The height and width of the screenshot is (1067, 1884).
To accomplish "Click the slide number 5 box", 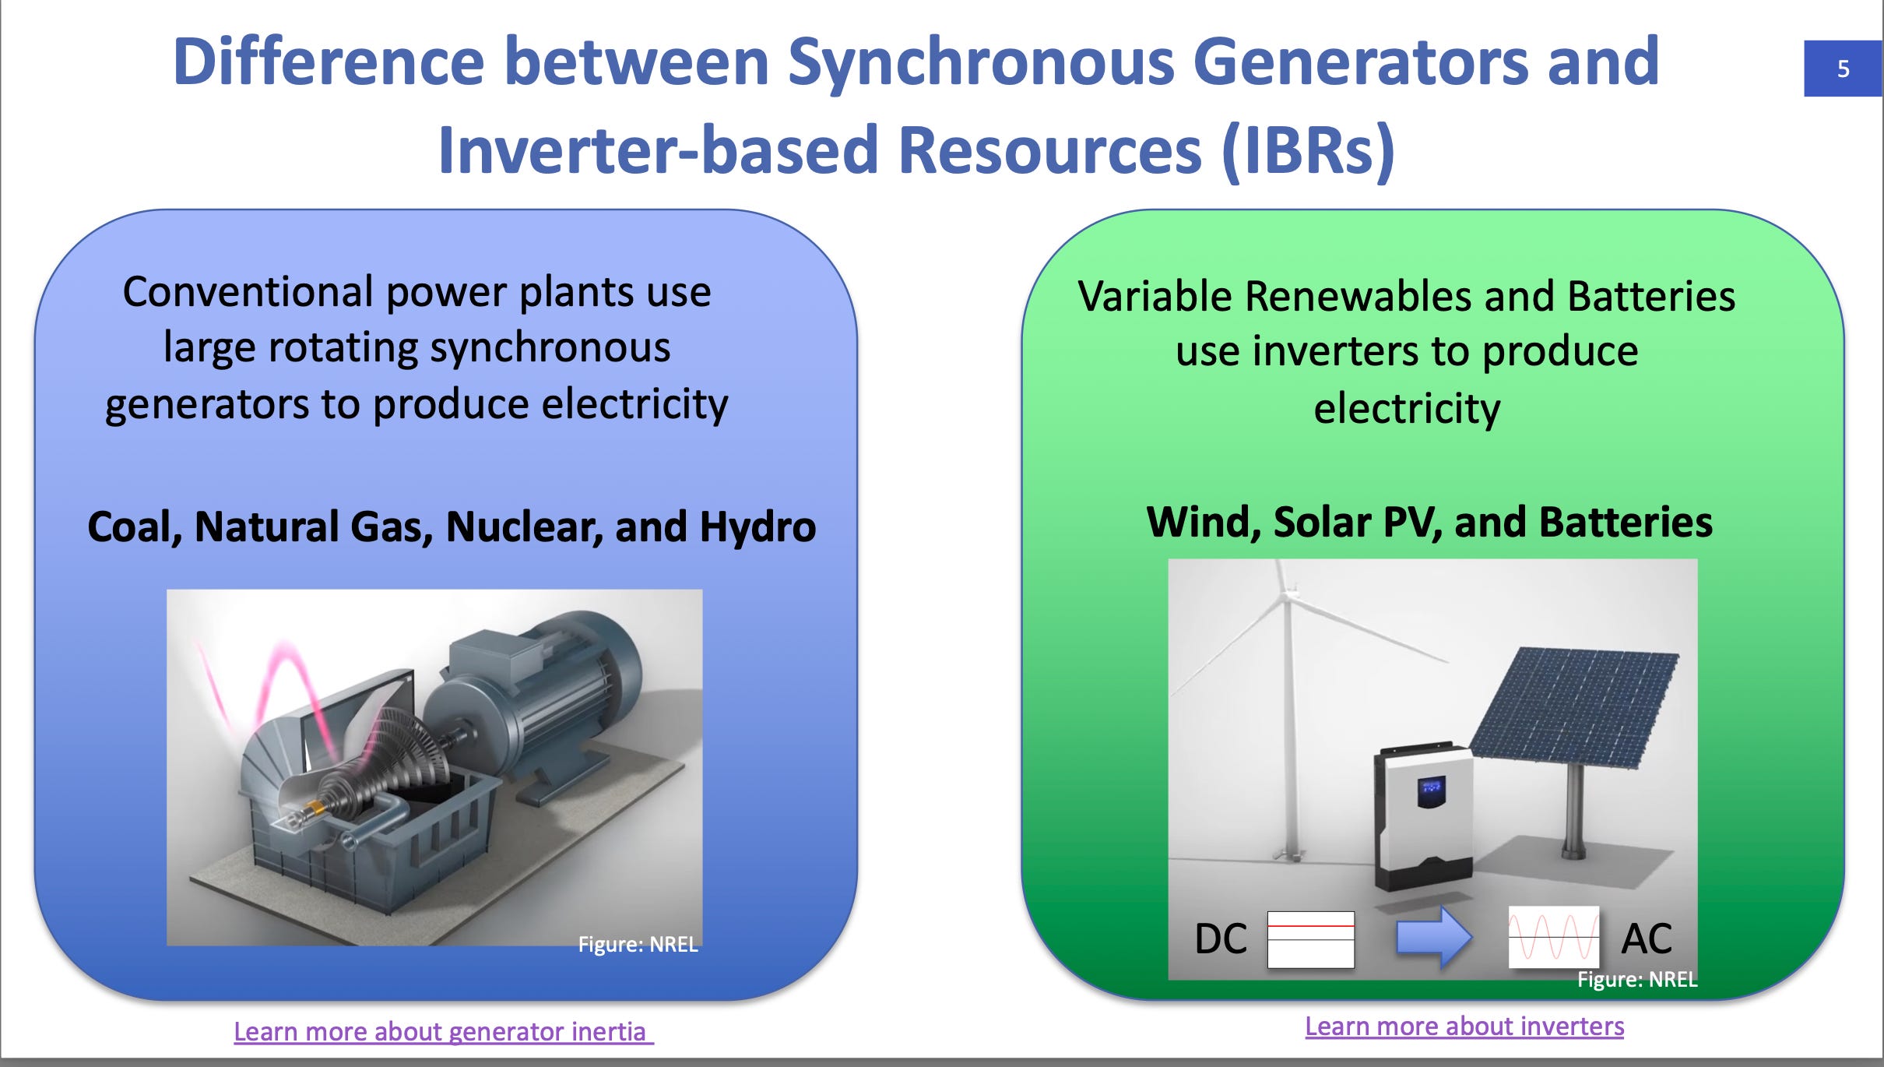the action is point(1843,69).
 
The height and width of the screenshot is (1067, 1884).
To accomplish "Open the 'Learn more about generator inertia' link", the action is point(444,1031).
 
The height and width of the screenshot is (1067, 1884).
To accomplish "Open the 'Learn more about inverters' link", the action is point(1464,1026).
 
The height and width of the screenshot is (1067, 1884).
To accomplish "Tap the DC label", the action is point(1221,938).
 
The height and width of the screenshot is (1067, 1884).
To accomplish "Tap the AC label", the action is point(1647,938).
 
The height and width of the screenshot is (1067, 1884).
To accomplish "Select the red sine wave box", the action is point(1554,937).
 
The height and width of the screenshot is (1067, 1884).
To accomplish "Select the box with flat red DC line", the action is point(1311,939).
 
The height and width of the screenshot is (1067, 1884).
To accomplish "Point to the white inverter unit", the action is point(1423,818).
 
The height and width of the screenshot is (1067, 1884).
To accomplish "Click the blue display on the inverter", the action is point(1431,791).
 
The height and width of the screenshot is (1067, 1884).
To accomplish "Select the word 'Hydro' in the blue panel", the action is point(757,526).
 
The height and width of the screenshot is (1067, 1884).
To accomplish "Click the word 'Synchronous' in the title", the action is point(980,62).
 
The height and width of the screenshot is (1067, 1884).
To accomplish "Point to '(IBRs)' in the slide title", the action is point(1308,150).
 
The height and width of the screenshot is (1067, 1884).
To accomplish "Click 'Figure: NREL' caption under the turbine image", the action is point(638,944).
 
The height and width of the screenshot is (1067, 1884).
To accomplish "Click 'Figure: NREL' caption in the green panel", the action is point(1637,979).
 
